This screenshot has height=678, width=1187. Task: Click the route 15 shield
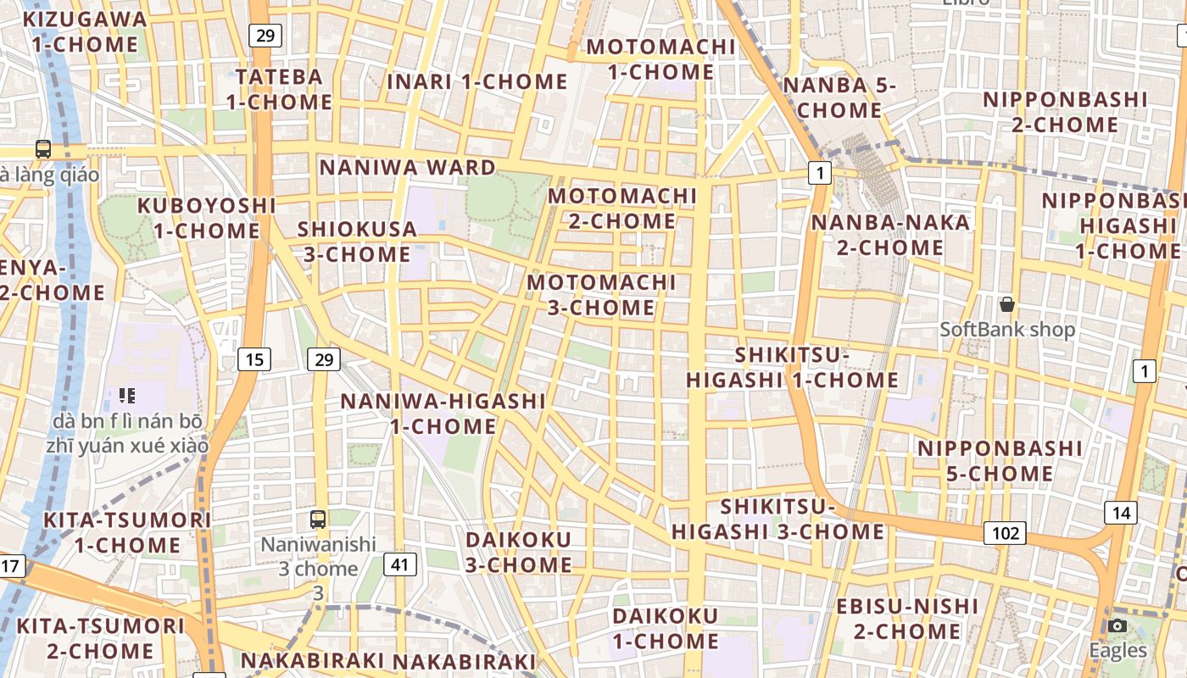(254, 359)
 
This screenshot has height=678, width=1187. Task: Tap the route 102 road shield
(1005, 533)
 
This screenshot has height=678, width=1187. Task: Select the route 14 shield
(1121, 512)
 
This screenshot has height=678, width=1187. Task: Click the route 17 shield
(11, 565)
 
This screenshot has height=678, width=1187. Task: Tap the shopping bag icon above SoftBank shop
(1007, 303)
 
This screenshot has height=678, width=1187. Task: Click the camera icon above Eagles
(1117, 625)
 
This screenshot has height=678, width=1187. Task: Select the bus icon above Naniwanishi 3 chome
(318, 519)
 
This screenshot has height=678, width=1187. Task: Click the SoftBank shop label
(1007, 330)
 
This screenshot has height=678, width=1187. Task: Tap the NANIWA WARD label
(407, 167)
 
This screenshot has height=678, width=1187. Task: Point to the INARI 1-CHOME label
(477, 82)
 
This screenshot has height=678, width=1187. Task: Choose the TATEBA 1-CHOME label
(279, 89)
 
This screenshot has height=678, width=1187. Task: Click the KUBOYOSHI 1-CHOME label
(207, 218)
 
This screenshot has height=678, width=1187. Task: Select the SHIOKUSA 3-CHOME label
(357, 242)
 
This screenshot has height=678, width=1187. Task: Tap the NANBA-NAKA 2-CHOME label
(890, 235)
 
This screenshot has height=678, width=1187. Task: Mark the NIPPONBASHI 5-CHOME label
(1000, 460)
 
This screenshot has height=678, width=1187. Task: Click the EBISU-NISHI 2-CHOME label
(907, 619)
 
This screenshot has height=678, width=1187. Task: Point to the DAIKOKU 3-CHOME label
(519, 552)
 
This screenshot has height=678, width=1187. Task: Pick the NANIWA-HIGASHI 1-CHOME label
(443, 413)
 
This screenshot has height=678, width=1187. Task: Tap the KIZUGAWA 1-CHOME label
(85, 31)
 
